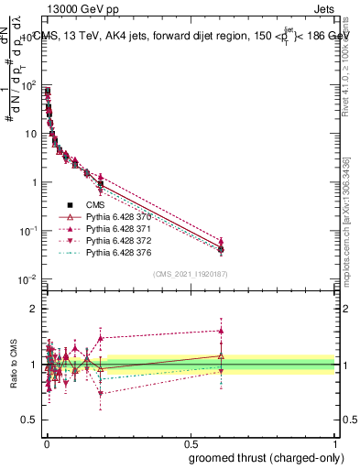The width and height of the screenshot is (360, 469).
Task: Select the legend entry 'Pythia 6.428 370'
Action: (x=115, y=217)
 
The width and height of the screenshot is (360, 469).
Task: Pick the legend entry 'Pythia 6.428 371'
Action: (x=115, y=229)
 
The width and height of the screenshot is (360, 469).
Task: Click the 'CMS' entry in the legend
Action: (x=95, y=205)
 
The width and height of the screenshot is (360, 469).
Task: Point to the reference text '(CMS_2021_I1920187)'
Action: (x=190, y=274)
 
